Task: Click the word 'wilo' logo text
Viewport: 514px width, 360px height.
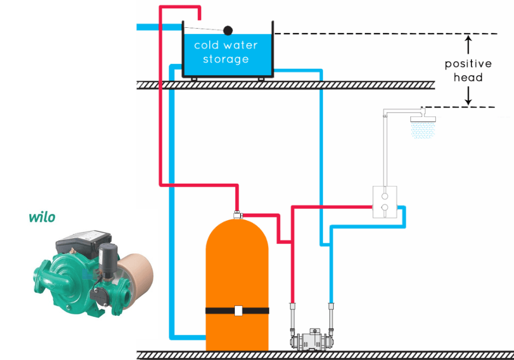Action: [42, 217]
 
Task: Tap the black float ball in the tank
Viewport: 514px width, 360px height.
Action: [228, 30]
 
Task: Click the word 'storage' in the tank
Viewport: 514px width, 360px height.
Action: [226, 59]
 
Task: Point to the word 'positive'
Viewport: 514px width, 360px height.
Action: [468, 64]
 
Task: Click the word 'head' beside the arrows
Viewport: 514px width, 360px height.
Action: [468, 78]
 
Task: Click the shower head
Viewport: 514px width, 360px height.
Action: [423, 119]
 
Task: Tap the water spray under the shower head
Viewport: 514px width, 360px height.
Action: [423, 131]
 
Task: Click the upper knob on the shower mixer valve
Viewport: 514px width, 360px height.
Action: [384, 196]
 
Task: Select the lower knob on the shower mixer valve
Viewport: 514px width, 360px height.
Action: [384, 208]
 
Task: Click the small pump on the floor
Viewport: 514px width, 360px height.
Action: [311, 340]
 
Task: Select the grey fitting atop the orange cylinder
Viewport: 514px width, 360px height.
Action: [237, 214]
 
